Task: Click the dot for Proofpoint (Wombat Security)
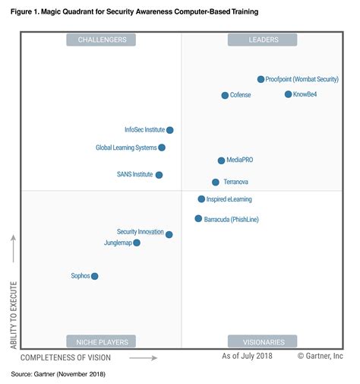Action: pos(261,79)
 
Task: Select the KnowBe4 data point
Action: pos(288,94)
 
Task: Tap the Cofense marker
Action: pos(225,95)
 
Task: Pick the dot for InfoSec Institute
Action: pos(170,130)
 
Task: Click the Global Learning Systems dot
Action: pos(162,148)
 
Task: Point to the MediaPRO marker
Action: pos(221,160)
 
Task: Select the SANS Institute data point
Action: pos(159,175)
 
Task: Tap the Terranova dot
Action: pos(216,182)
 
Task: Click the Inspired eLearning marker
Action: pos(201,199)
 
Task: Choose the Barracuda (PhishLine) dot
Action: pos(198,219)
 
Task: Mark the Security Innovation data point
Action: pos(169,235)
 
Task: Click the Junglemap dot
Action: pos(137,243)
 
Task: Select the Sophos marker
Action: pos(95,276)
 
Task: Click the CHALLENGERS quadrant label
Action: pos(102,40)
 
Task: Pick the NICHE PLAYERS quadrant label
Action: pos(102,341)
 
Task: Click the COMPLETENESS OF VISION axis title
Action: pos(65,357)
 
